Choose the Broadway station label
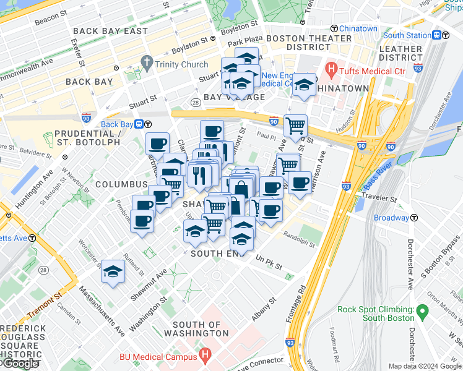(x=391, y=218)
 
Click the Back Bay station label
(x=118, y=124)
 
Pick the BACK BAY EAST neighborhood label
(x=110, y=31)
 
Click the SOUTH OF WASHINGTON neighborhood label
(x=196, y=329)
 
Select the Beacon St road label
(x=47, y=20)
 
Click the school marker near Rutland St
(x=113, y=271)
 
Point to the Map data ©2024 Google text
(x=425, y=366)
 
